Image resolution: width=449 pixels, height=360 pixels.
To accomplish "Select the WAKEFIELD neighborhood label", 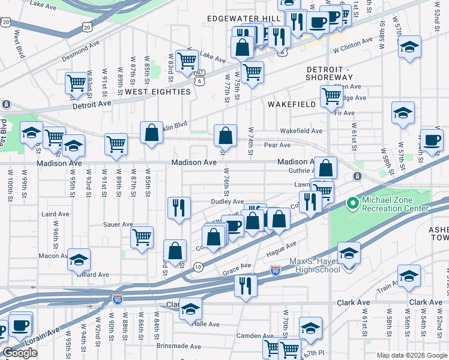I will pos(291,104).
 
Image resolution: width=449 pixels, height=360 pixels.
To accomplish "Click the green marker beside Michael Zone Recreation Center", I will pos(352,205).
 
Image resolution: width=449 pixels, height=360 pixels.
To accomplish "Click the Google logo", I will pos(20,353).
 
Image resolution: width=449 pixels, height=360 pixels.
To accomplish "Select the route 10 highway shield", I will pos(198,266).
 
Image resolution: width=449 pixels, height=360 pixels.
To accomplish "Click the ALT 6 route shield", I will pos(199,76).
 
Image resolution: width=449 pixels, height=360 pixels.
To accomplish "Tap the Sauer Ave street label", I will pos(119,224).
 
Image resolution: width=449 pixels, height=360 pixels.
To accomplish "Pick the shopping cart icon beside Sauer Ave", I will pos(142,237).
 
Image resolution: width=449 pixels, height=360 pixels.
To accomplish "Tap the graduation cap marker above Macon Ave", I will pos(79,259).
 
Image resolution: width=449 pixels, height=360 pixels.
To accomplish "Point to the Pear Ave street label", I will pos(277,145).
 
